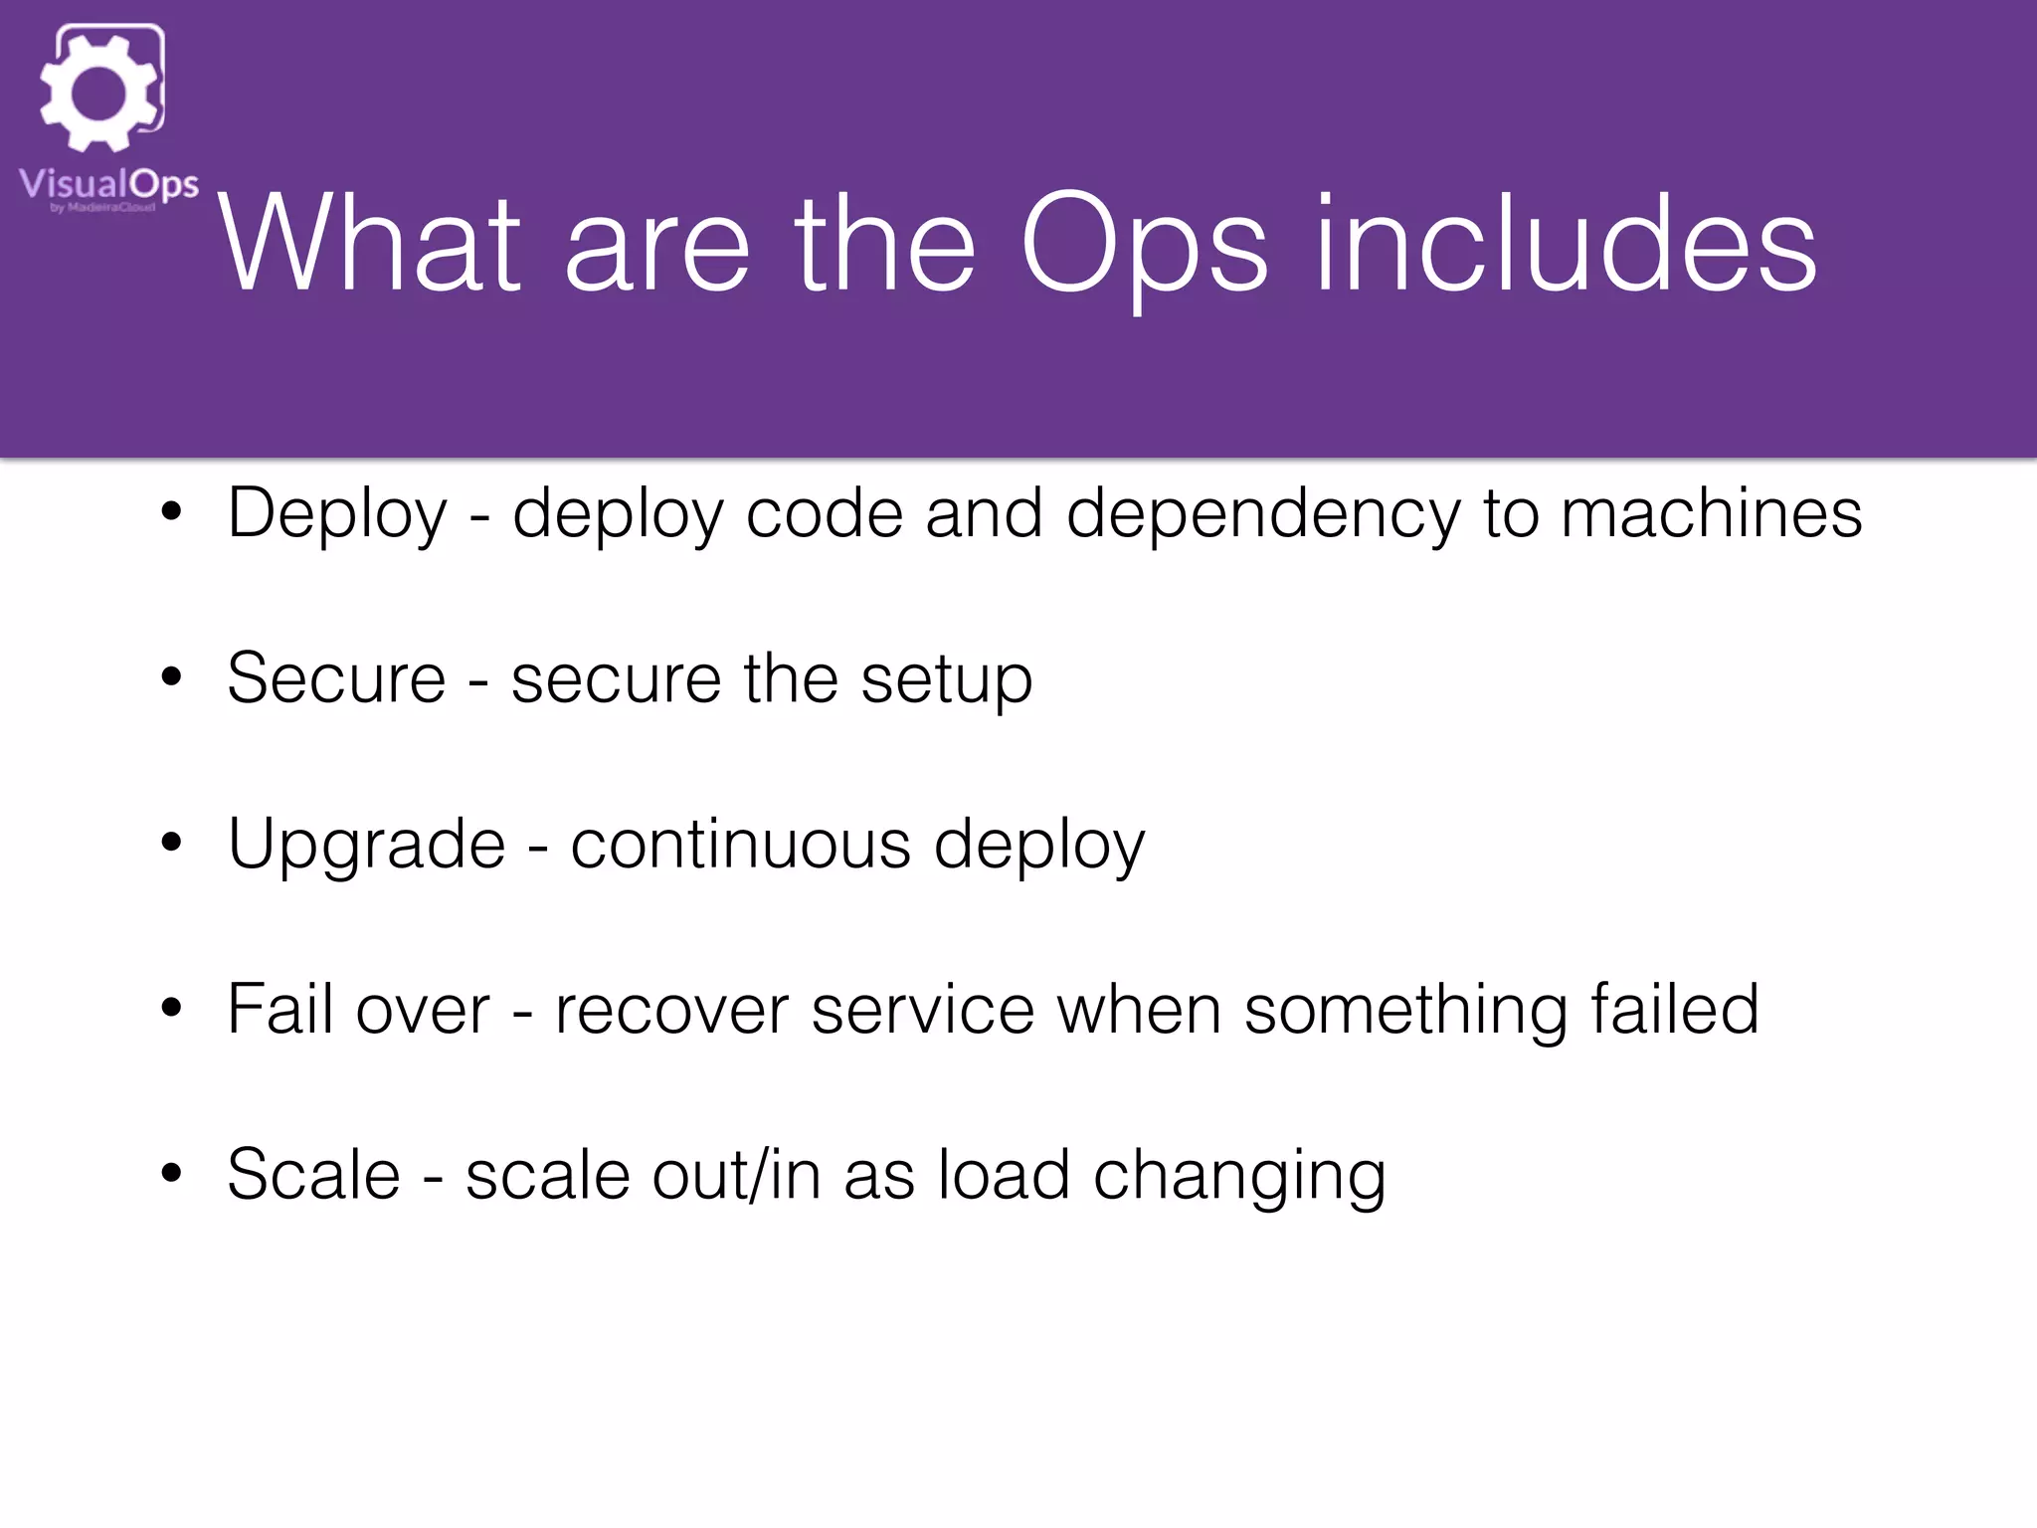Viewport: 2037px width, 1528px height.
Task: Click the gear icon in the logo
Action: point(99,93)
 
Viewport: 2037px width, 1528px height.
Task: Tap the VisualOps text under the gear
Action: point(108,184)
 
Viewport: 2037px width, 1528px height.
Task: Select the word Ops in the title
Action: point(1145,245)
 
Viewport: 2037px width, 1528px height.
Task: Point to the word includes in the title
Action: point(1566,245)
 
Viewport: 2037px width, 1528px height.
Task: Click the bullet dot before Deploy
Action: point(172,512)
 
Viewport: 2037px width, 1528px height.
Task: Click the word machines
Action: point(1711,514)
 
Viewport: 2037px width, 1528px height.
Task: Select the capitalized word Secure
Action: point(336,678)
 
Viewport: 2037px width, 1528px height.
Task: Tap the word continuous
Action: point(741,845)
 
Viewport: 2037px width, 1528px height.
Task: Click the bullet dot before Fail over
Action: point(172,1008)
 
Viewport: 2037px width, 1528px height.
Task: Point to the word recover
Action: point(671,1010)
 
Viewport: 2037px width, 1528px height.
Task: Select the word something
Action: point(1405,1010)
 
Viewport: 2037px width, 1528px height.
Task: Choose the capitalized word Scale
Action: point(313,1175)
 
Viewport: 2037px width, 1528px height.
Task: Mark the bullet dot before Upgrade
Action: point(172,843)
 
